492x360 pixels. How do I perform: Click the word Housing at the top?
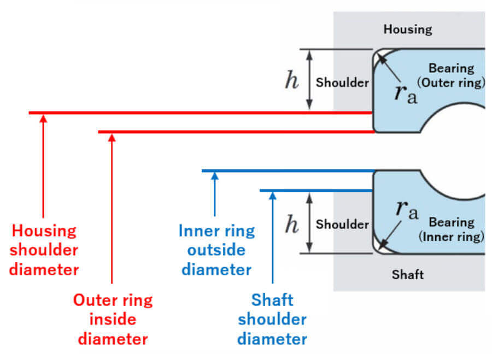pos(408,29)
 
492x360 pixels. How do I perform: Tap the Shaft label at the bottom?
pos(408,274)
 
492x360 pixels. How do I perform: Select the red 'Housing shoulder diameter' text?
pos(44,250)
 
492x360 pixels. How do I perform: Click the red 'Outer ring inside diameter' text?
pos(113,319)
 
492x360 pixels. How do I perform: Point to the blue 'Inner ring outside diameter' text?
pos(216,250)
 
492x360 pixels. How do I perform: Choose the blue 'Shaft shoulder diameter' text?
pos(272,319)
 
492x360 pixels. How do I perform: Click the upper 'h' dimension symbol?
pos(292,80)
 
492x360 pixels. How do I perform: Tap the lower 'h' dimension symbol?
pos(292,224)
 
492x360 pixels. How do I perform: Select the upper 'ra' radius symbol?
pos(406,94)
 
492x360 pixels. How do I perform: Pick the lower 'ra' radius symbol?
pos(407,209)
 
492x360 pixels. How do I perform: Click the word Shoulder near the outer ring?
pos(342,82)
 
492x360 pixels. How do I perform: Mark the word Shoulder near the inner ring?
pos(342,224)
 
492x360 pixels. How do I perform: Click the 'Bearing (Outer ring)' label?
pos(451,75)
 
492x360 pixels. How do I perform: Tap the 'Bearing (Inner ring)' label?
pos(452,229)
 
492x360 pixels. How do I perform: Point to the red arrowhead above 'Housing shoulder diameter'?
pos(43,119)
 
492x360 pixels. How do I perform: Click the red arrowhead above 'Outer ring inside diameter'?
pos(112,138)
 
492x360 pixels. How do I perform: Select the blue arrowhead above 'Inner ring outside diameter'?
pos(215,176)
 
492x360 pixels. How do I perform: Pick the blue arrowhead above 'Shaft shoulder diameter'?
pos(273,196)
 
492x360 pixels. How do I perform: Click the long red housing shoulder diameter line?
pos(201,113)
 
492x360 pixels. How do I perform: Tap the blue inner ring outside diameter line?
pos(288,171)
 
